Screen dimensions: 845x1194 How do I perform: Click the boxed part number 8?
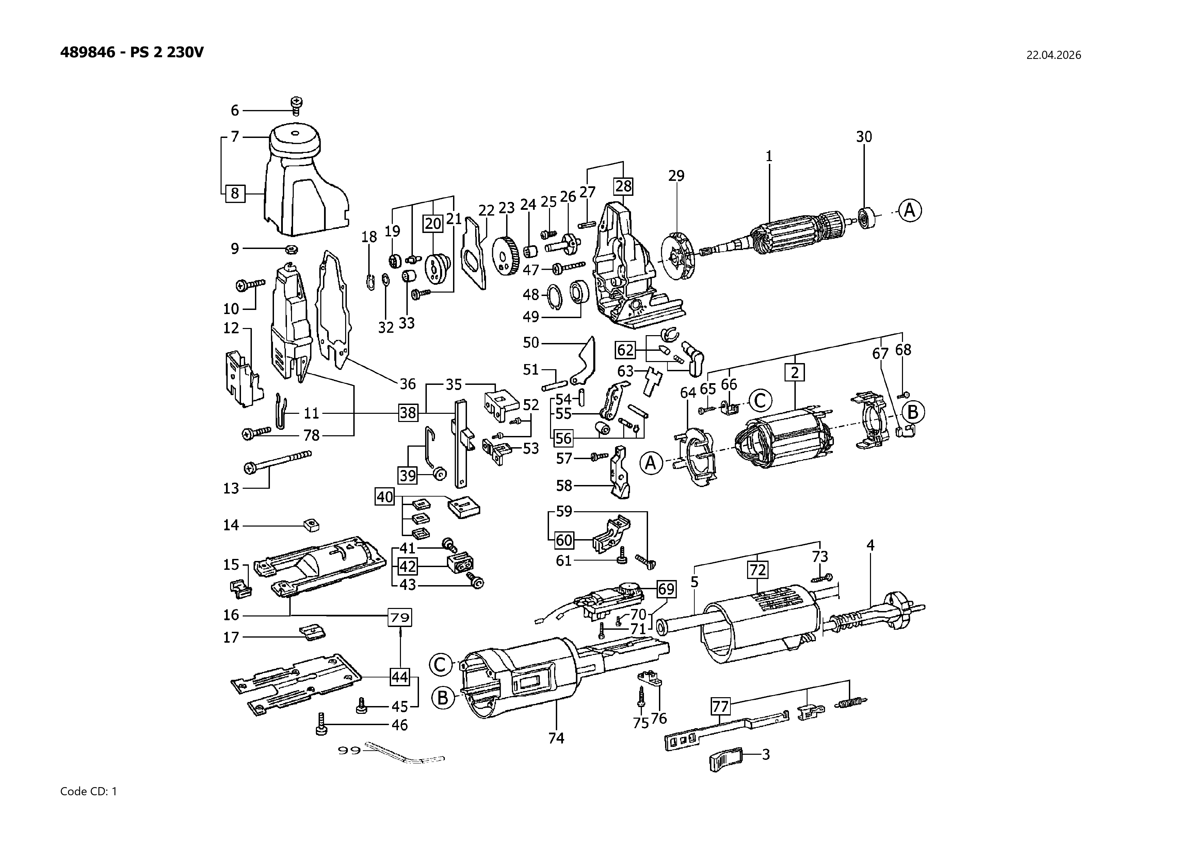pyautogui.click(x=235, y=193)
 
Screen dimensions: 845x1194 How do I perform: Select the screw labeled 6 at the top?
pyautogui.click(x=297, y=105)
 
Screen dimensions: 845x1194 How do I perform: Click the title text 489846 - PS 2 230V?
pyautogui.click(x=132, y=52)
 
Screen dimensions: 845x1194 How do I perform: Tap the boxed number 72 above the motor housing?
pyautogui.click(x=757, y=570)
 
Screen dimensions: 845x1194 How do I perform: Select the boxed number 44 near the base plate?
pyautogui.click(x=399, y=677)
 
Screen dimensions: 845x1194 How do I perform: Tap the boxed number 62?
pyautogui.click(x=625, y=350)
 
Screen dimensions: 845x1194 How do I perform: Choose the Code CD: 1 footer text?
pyautogui.click(x=89, y=792)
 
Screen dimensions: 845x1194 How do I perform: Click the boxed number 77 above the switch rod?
pyautogui.click(x=720, y=707)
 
